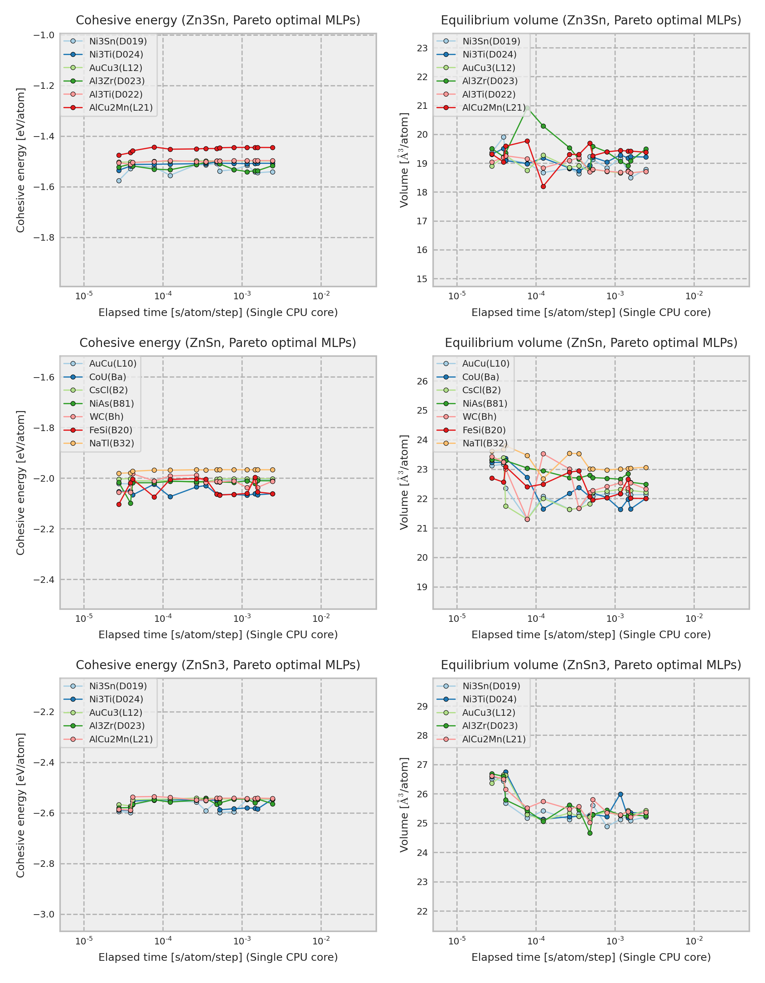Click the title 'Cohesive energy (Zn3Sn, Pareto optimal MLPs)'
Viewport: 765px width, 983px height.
pos(218,20)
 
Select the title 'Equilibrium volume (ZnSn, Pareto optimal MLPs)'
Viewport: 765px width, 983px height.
pos(591,343)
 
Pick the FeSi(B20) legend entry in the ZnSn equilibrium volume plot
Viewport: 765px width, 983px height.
pos(483,430)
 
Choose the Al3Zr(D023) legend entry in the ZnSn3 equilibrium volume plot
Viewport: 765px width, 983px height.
pos(490,726)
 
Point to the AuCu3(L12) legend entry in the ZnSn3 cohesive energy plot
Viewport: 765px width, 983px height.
pos(115,712)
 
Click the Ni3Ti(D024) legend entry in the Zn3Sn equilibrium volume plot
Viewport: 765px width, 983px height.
pos(489,55)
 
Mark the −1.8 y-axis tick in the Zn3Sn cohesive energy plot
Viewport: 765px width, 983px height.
pos(44,237)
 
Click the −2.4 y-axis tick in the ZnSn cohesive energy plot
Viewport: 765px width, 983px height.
pos(44,579)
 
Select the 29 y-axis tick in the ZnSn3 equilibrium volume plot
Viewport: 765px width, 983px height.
pos(422,706)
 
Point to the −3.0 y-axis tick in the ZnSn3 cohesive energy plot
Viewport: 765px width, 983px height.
pos(44,914)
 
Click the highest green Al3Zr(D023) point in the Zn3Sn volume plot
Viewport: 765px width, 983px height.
pos(527,107)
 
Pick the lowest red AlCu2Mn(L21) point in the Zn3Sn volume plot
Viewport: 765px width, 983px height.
pos(543,186)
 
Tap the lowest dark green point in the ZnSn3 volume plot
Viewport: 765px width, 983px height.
pos(590,833)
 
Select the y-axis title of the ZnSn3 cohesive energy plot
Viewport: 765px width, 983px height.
pos(20,805)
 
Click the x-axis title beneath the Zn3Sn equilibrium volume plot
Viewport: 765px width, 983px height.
pos(591,312)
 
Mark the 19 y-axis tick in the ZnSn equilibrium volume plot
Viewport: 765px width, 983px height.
pos(422,587)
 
